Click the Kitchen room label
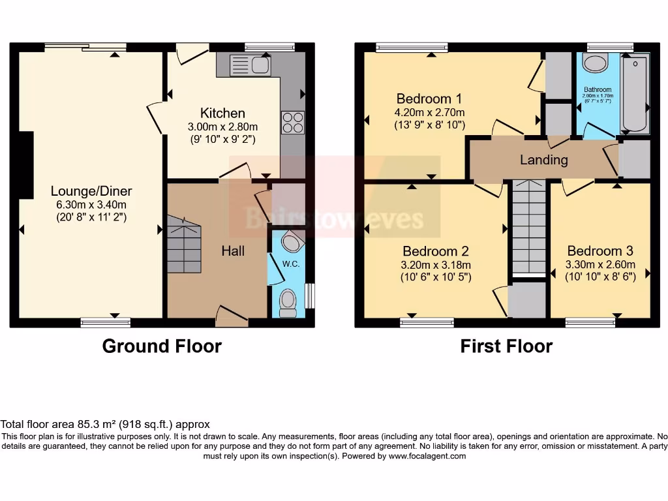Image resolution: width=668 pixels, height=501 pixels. point(222,114)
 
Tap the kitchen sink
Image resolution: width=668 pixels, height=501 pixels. point(250,65)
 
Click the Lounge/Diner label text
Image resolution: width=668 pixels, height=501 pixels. point(91,191)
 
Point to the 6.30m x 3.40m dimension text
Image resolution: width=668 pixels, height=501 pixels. point(91,204)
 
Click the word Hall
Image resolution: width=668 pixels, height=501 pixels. point(233,250)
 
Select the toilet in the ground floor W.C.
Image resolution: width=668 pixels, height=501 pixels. point(288,303)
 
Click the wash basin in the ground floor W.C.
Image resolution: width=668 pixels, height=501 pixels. point(292,243)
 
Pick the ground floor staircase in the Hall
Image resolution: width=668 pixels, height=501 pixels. point(184,240)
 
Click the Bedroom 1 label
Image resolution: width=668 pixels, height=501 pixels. point(429,99)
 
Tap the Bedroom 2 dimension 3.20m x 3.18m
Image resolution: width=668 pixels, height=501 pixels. point(436,265)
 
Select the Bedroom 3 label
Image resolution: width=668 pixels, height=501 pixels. point(600,251)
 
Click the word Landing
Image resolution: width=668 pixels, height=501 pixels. point(543,160)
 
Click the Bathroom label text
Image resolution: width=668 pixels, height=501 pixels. point(598,89)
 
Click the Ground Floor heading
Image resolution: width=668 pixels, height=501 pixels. point(162,346)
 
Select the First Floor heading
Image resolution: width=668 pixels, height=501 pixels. point(506,346)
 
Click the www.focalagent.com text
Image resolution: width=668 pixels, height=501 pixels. point(427,457)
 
